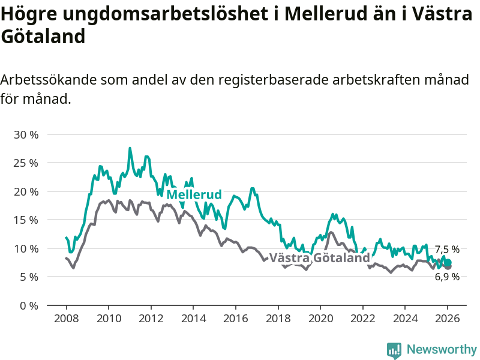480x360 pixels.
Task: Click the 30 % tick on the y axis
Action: (26, 135)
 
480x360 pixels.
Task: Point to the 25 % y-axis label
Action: (26, 163)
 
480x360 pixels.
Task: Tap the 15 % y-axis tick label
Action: (26, 220)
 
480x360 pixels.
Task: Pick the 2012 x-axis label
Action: (151, 319)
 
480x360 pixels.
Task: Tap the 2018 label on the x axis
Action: (278, 319)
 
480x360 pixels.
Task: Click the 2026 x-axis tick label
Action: (448, 319)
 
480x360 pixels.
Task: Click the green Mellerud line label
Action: (194, 195)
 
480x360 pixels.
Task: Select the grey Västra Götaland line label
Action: (319, 258)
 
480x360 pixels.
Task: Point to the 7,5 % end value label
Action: (447, 249)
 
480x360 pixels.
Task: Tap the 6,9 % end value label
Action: (447, 277)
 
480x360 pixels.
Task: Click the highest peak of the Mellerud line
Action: (130, 148)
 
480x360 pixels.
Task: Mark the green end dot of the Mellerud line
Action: (448, 262)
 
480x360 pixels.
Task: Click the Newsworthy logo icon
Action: (394, 350)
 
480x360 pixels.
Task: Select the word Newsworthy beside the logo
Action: (442, 349)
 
